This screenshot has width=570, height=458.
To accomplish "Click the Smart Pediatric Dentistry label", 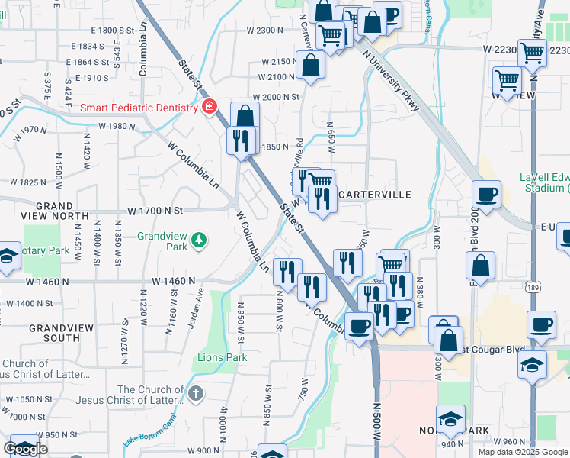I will point(140,108).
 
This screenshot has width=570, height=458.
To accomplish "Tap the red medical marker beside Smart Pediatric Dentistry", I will point(208,108).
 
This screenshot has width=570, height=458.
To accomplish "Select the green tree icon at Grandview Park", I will point(199,241).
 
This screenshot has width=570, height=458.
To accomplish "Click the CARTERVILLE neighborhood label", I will point(374,195).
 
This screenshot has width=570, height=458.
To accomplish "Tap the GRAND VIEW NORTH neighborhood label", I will point(54,211).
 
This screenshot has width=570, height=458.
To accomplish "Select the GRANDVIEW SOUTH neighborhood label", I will point(54,332).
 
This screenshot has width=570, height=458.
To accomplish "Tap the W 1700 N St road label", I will point(156,210).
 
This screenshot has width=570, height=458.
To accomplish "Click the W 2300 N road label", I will point(264,30).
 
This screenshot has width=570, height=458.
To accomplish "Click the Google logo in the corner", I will point(25,449).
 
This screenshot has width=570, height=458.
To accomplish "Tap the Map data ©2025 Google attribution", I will point(524,452).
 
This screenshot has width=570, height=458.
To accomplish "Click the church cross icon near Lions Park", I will point(196,394).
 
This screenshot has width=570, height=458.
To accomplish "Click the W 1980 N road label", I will point(117,126).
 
